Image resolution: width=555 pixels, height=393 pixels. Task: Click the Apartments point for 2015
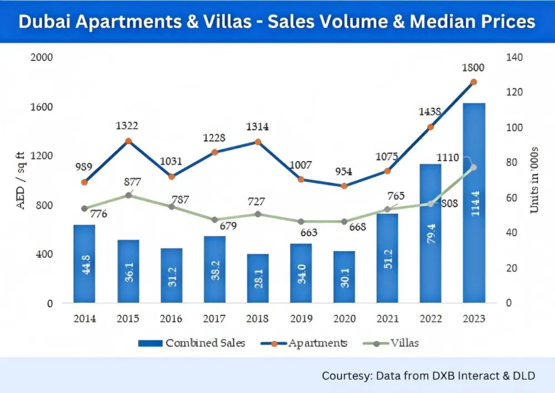tap(128, 141)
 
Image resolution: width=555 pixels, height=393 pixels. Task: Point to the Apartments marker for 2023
tap(473, 82)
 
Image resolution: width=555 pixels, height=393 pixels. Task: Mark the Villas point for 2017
tap(214, 220)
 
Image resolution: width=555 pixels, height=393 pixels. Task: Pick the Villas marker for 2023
tap(473, 167)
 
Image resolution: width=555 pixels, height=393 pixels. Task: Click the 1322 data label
tap(128, 126)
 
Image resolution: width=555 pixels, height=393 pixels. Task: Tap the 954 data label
tap(344, 172)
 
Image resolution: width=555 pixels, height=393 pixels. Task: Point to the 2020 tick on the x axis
tap(344, 319)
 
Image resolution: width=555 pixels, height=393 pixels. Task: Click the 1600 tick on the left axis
tap(43, 106)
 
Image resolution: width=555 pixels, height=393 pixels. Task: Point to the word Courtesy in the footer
tap(345, 375)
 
